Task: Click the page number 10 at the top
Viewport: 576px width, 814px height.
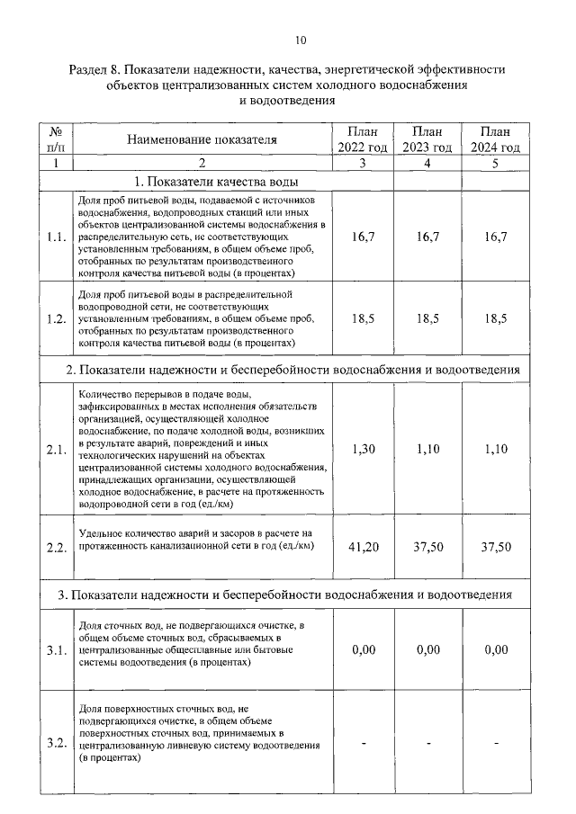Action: pos(301,40)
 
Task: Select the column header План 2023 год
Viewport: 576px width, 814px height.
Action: pos(427,139)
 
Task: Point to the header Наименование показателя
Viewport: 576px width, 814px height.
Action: pos(202,139)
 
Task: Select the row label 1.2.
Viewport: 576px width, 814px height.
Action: pos(56,318)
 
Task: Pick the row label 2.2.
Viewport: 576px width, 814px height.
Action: pos(56,547)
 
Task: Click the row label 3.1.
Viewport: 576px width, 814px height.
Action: pos(56,651)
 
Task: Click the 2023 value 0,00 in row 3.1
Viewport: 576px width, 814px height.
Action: pos(427,650)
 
